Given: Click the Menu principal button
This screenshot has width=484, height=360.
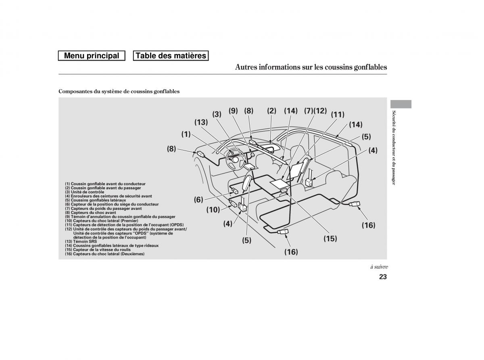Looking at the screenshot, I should tap(92, 56).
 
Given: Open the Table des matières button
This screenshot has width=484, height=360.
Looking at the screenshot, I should tap(171, 56).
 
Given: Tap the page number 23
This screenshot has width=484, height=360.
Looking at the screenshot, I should tap(383, 277).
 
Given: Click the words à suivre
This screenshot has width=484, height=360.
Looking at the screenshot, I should tap(379, 267).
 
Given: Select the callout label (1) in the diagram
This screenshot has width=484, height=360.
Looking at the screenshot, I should tap(186, 134).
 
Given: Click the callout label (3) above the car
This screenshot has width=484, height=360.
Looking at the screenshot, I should tap(217, 114).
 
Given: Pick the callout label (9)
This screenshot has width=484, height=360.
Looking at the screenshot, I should tap(233, 111).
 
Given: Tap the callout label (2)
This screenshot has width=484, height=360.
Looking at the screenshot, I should tap(271, 111).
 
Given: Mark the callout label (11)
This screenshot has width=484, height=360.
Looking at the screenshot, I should tap(338, 114).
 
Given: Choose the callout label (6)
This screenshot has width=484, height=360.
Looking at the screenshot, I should tap(198, 199).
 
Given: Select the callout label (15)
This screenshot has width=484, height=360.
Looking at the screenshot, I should tap(330, 239).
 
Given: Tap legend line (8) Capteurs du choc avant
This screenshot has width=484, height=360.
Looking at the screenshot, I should tap(90, 212).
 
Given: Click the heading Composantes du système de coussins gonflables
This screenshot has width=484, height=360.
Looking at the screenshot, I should tap(119, 92).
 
